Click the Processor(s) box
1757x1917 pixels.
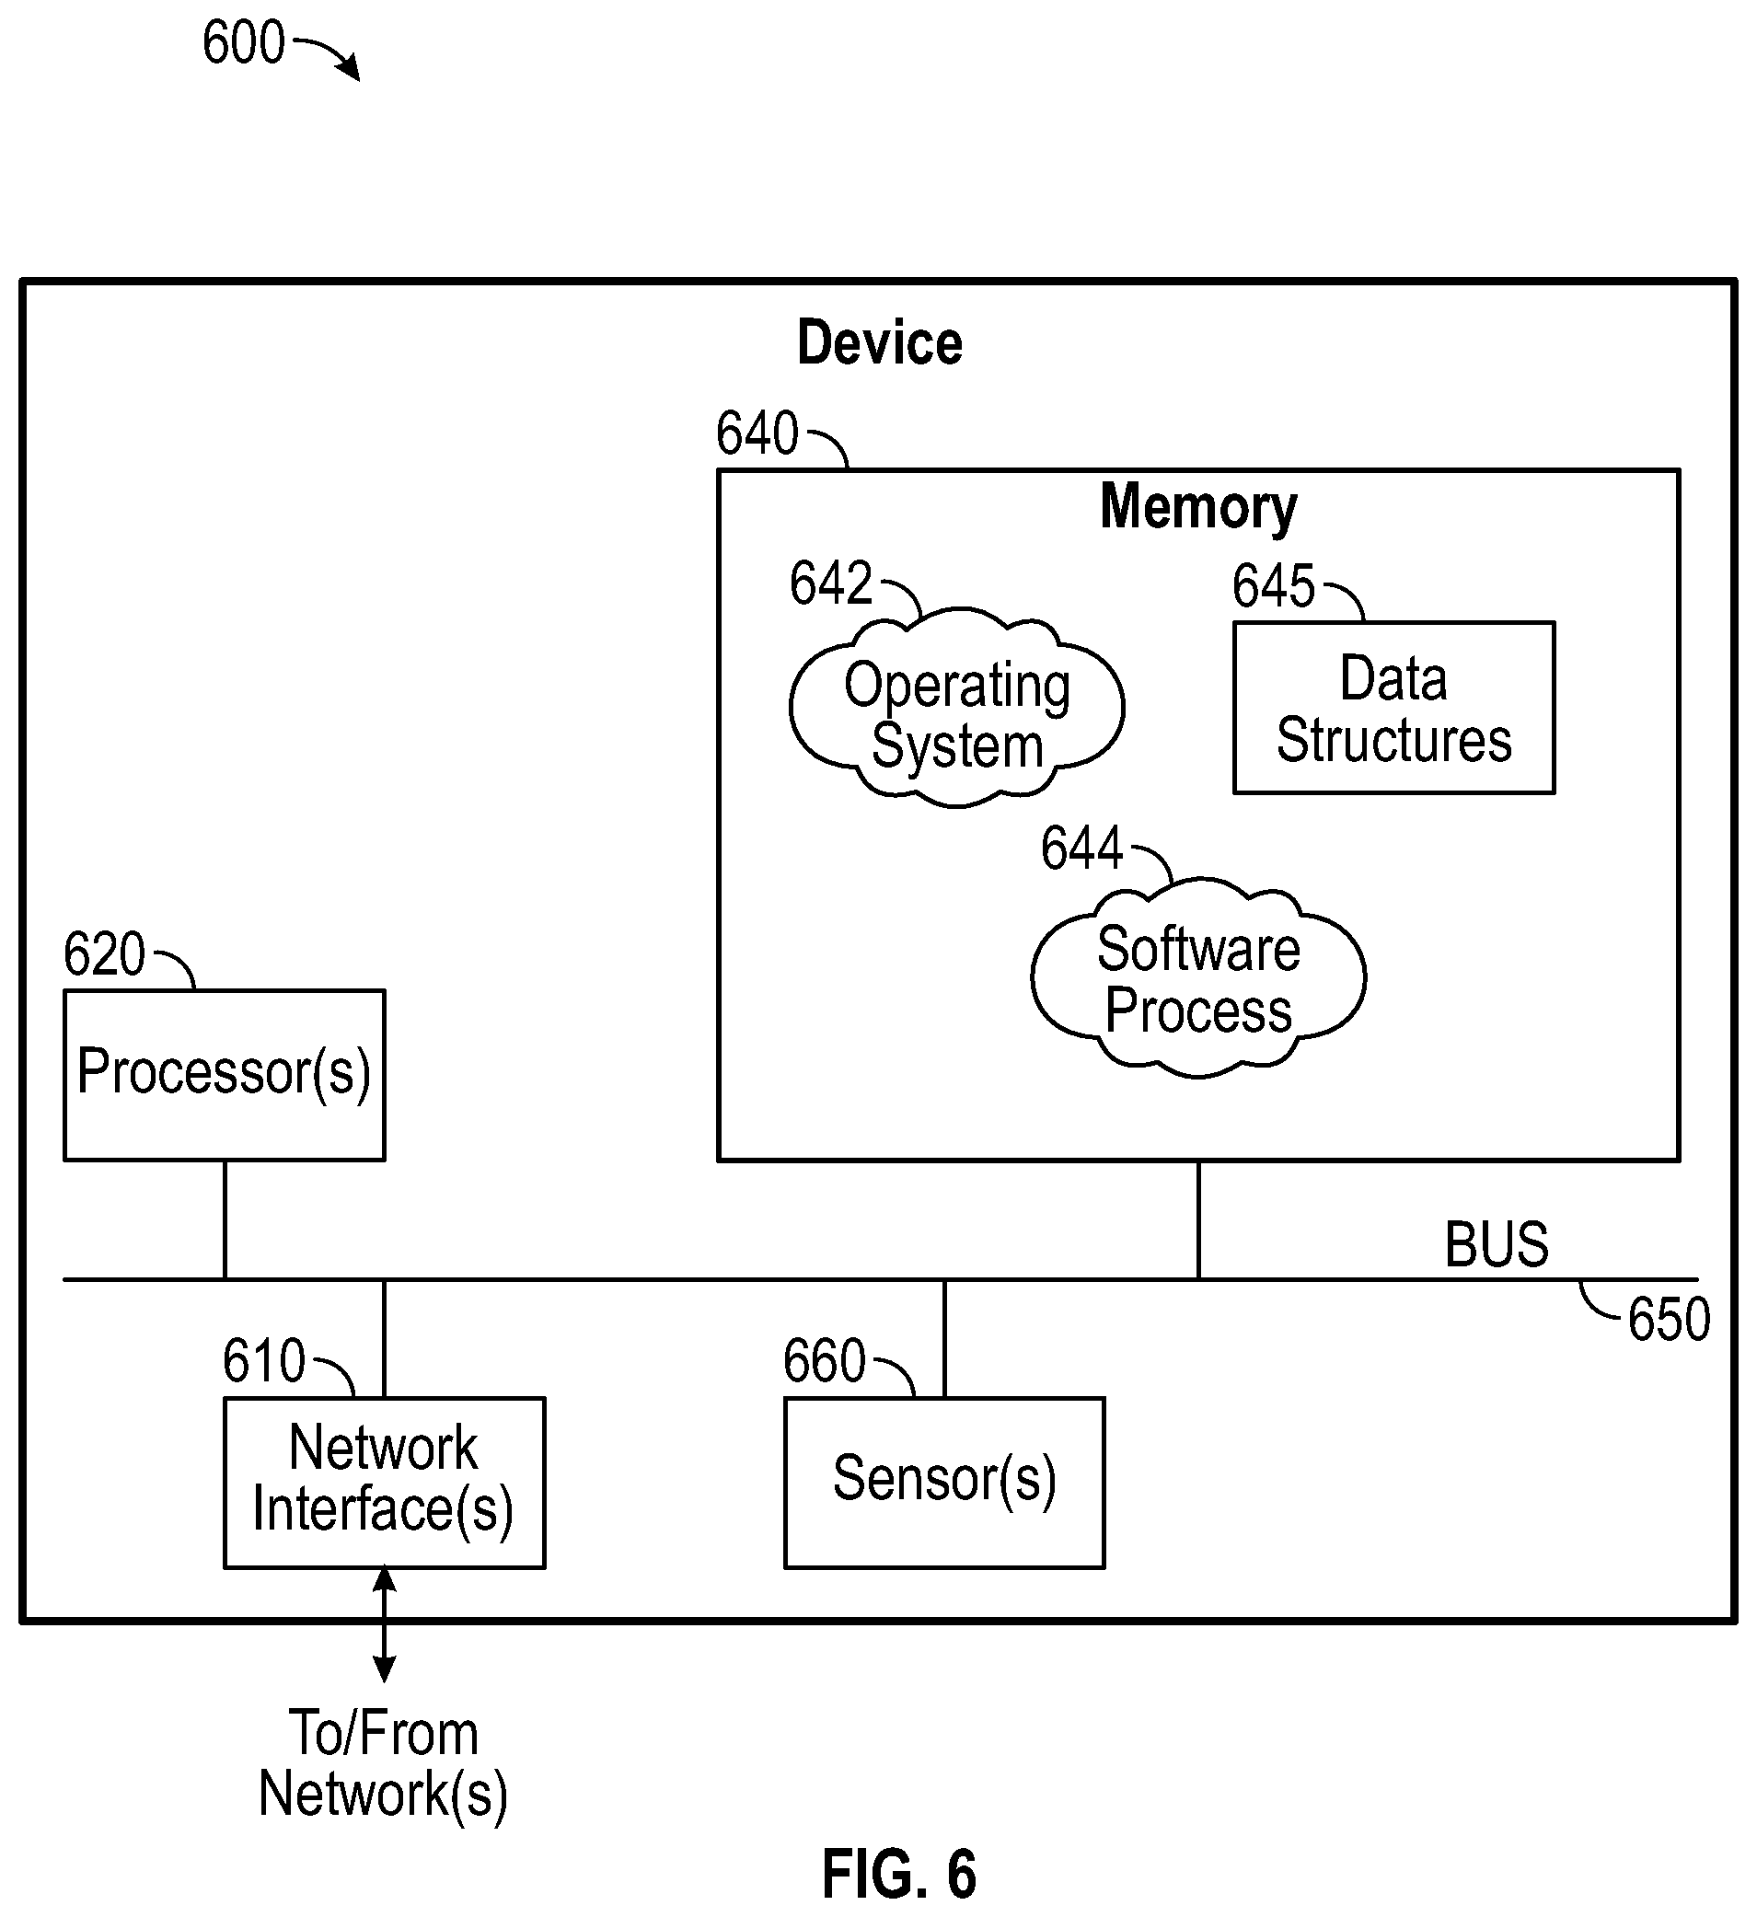pyautogui.click(x=225, y=1076)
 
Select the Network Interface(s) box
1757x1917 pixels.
pyautogui.click(x=384, y=1483)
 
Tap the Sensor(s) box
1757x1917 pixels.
pyautogui.click(x=944, y=1483)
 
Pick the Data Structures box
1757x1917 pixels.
pyautogui.click(x=1393, y=708)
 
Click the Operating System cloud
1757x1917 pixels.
pyautogui.click(x=956, y=709)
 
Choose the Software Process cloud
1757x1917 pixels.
pyautogui.click(x=1198, y=978)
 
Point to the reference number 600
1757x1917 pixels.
pyautogui.click(x=243, y=42)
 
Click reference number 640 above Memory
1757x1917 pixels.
pyautogui.click(x=757, y=433)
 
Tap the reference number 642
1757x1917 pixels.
pyautogui.click(x=831, y=583)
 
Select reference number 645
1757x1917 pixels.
pyautogui.click(x=1274, y=585)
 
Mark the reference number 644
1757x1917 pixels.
pyautogui.click(x=1082, y=849)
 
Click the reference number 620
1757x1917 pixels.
pyautogui.click(x=105, y=953)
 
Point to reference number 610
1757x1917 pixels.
pyautogui.click(x=264, y=1361)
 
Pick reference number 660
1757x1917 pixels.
pyautogui.click(x=825, y=1361)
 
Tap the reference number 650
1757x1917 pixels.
pyautogui.click(x=1670, y=1320)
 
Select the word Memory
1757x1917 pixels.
pyautogui.click(x=1198, y=507)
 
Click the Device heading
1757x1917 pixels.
pyautogui.click(x=880, y=342)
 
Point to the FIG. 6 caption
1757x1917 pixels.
pyautogui.click(x=898, y=1875)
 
